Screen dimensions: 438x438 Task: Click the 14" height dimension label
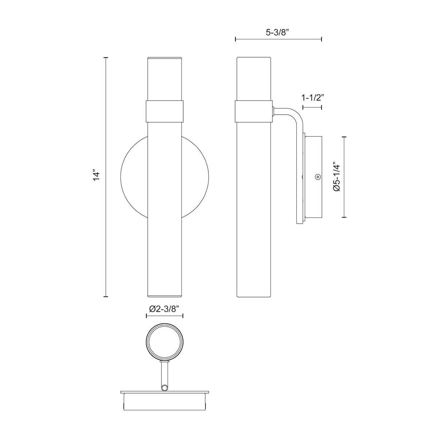click(x=97, y=174)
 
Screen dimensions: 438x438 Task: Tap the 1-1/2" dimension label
click(x=312, y=98)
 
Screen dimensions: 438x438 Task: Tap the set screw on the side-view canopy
click(x=318, y=177)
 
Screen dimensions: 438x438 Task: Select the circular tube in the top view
click(x=164, y=341)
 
